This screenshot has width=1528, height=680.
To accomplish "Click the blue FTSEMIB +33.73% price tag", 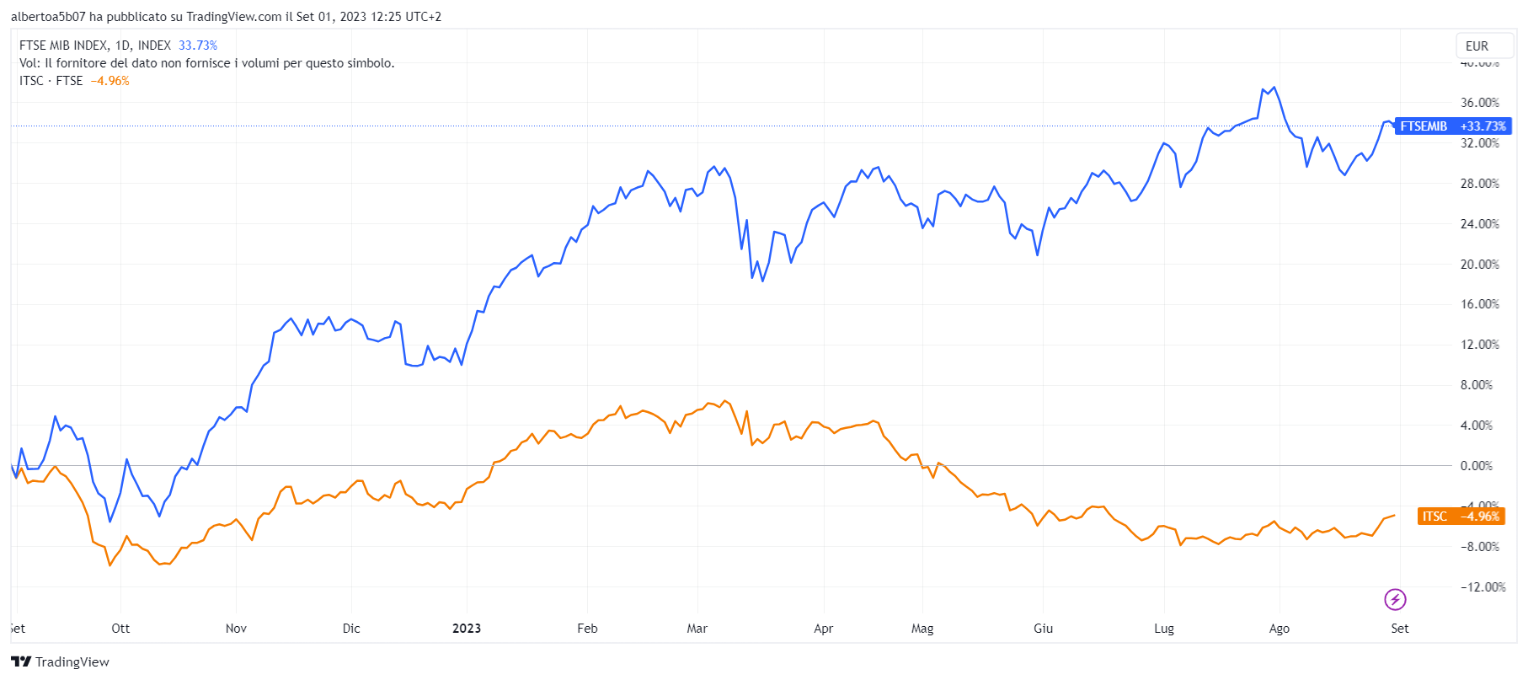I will (1452, 126).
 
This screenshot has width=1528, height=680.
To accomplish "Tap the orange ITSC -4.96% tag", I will (1461, 517).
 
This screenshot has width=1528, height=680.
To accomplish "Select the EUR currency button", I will (1477, 46).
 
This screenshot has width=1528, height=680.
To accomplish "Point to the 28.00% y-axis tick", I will (1479, 184).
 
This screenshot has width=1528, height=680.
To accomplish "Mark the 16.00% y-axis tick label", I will (1479, 304).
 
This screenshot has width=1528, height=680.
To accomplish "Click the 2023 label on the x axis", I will (467, 629).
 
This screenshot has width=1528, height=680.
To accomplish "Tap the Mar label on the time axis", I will (697, 629).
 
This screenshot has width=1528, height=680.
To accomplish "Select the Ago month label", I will (1279, 629).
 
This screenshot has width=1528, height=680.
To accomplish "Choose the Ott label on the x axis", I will (120, 629).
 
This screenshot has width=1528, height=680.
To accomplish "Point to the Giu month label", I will (1043, 629).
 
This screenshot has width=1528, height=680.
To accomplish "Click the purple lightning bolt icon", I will (1395, 600).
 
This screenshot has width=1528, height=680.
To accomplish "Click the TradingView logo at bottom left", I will (61, 661).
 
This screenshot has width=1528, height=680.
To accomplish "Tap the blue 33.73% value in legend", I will (198, 46).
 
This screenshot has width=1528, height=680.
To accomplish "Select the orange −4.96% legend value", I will (110, 81).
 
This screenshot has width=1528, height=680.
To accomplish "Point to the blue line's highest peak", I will (1274, 87).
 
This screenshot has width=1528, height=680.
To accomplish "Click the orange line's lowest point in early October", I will (110, 565).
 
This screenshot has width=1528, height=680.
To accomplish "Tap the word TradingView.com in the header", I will (233, 17).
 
